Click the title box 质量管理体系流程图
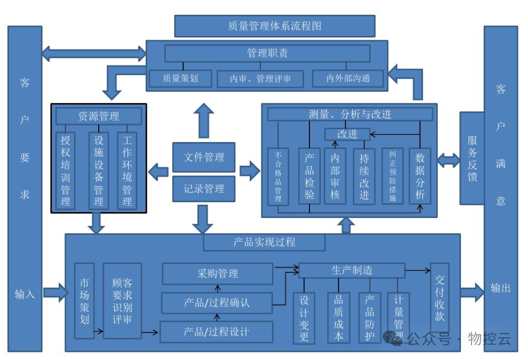point(275,26)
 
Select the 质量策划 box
point(180,79)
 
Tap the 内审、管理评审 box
point(260,79)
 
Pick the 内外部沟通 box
point(348,79)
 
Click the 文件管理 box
point(204,157)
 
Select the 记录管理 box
point(204,189)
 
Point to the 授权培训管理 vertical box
point(65,170)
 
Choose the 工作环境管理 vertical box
point(127,170)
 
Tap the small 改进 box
point(347,134)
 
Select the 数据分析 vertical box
point(420,176)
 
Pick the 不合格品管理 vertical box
point(278,176)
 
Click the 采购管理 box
point(217,273)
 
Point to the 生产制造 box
point(352,270)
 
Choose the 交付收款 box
point(439,297)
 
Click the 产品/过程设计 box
point(216,332)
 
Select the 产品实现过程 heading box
point(264,242)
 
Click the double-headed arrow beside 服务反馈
point(449,160)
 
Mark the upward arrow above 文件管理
point(203,121)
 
